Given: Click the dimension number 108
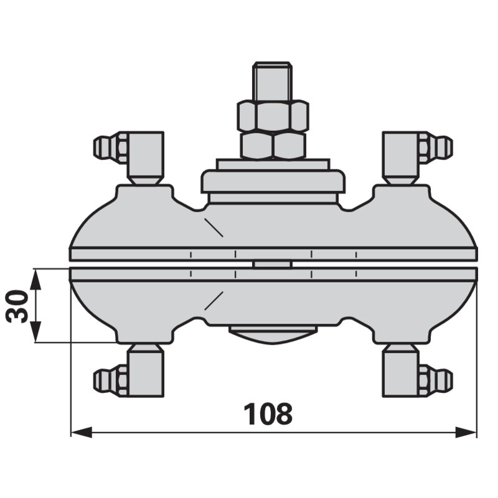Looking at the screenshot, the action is pyautogui.click(x=268, y=413).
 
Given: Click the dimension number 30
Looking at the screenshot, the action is pyautogui.click(x=17, y=306).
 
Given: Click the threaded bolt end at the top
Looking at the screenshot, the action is pyautogui.click(x=272, y=82).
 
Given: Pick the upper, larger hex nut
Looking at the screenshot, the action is pyautogui.click(x=273, y=116).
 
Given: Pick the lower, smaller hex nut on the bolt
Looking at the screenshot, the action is pyautogui.click(x=273, y=146).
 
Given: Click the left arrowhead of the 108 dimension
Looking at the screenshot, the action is pyautogui.click(x=81, y=432).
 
